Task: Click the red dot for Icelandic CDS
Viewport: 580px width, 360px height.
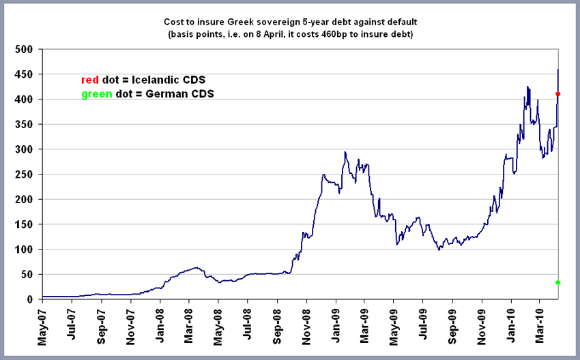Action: (x=558, y=94)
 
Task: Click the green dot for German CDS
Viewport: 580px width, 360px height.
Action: (x=558, y=282)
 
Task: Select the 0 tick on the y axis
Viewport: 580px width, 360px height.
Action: (x=30, y=299)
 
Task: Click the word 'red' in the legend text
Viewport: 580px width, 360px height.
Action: (x=90, y=79)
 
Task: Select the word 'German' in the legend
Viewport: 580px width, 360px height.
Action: (x=173, y=93)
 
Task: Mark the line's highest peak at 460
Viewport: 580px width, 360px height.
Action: (x=558, y=70)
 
